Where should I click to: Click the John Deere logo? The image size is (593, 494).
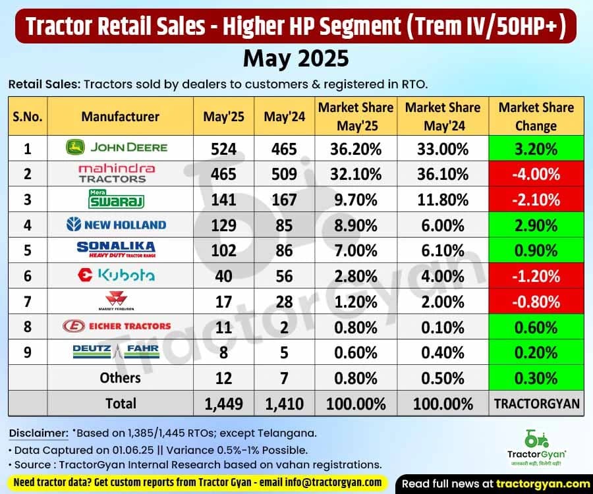pos(116,148)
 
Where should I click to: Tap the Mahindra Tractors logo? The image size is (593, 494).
pos(116,173)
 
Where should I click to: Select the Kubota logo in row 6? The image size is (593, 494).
pos(116,275)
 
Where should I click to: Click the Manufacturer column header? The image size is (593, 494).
pos(120,117)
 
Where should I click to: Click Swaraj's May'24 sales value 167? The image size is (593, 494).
pos(284,199)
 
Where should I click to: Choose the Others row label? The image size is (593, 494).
pos(120,377)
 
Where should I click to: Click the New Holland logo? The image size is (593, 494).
pos(116,225)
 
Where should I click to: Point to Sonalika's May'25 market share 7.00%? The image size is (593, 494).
pos(356,250)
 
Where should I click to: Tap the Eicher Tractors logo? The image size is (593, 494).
pos(116,326)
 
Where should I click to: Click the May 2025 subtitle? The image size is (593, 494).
pos(296,59)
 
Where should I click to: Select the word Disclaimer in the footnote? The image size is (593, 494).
pos(38,433)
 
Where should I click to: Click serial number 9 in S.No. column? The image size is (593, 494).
pos(27,352)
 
